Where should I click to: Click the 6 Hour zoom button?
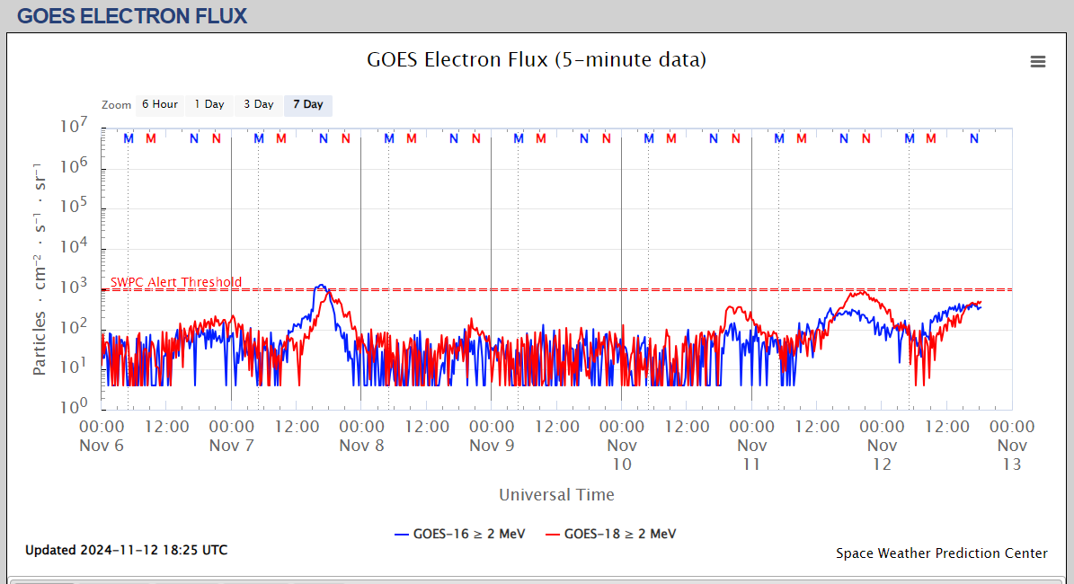(159, 104)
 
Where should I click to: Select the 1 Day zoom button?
(209, 104)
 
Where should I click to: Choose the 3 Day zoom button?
(258, 104)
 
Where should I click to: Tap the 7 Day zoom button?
(307, 104)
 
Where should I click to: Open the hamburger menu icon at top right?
(1038, 61)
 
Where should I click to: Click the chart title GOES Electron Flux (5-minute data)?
(537, 60)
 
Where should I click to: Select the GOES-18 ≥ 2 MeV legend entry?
(610, 534)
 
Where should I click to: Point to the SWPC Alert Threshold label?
(176, 282)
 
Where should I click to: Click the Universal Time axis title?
(556, 494)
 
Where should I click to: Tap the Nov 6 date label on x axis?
(102, 445)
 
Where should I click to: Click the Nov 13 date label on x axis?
(1012, 455)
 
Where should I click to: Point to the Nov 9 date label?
(492, 445)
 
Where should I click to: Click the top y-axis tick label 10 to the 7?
(73, 126)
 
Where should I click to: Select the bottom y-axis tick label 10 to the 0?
(73, 405)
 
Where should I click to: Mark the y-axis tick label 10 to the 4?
(73, 245)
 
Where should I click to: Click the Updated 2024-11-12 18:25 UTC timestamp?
(126, 550)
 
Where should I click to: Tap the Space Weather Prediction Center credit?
(941, 553)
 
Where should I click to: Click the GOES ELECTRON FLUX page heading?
(132, 16)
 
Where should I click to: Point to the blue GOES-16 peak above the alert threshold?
(321, 286)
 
